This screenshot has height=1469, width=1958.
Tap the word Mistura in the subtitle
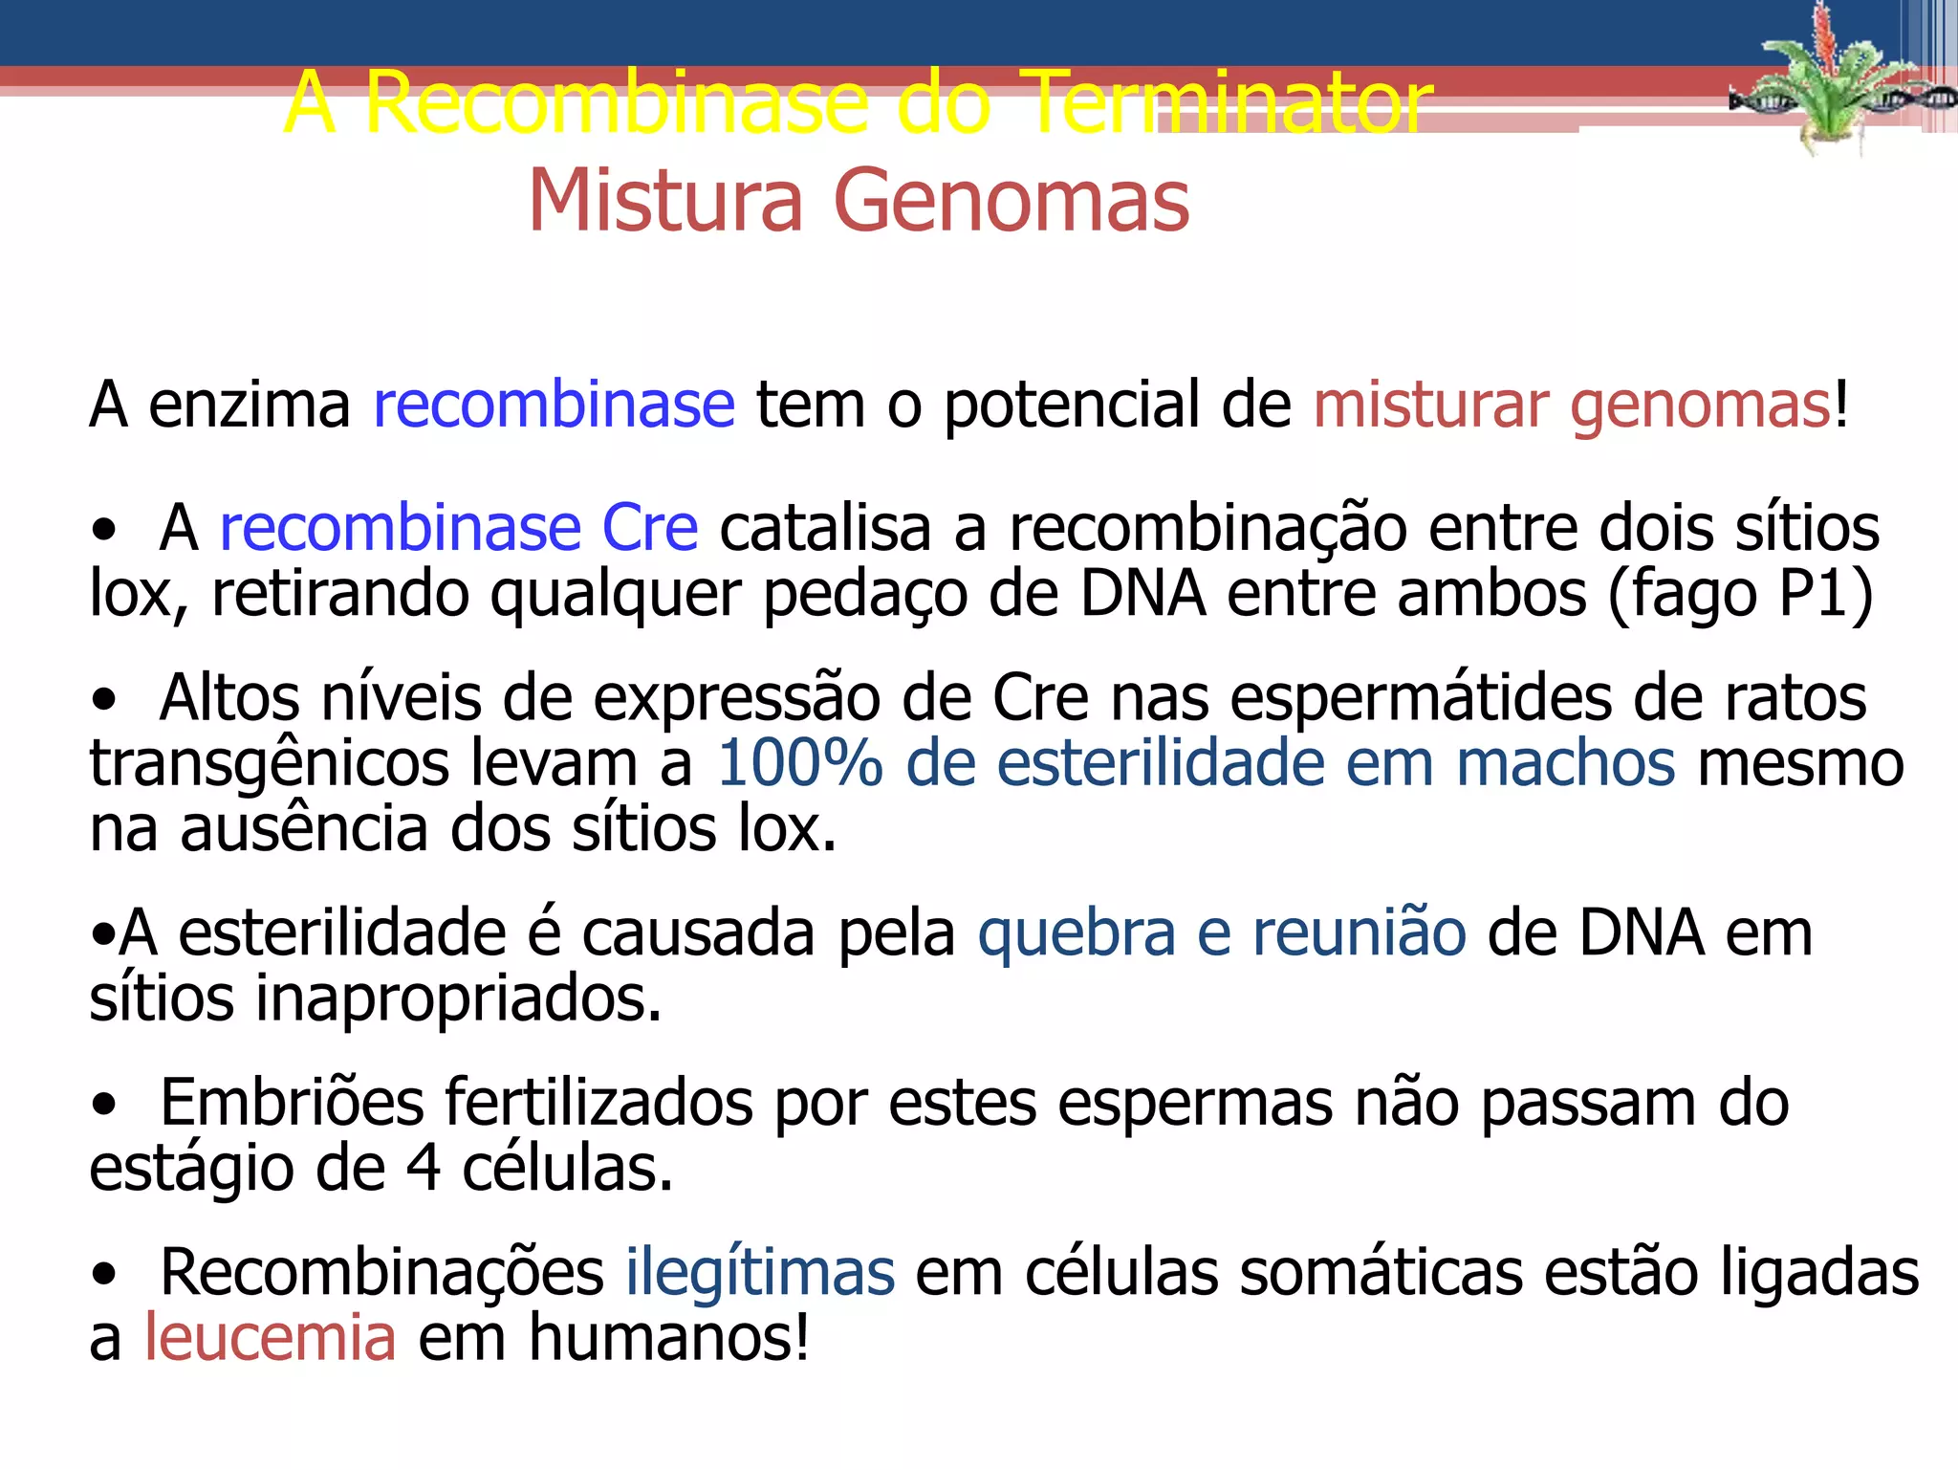coord(664,201)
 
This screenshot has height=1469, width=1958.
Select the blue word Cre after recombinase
coord(649,528)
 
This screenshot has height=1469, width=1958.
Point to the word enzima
coord(250,405)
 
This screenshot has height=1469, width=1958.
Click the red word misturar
coord(1430,405)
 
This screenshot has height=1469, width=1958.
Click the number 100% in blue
coord(799,763)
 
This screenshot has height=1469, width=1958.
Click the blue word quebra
coord(1077,933)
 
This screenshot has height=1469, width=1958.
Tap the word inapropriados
coord(458,998)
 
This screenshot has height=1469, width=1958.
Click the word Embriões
coord(292,1103)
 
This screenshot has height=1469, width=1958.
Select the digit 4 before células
coord(424,1168)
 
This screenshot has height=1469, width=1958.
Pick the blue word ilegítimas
coord(760,1273)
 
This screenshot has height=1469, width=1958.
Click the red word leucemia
coord(270,1338)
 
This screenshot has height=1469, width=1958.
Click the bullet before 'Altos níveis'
coord(103,702)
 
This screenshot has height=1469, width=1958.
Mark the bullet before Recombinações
coord(103,1276)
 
